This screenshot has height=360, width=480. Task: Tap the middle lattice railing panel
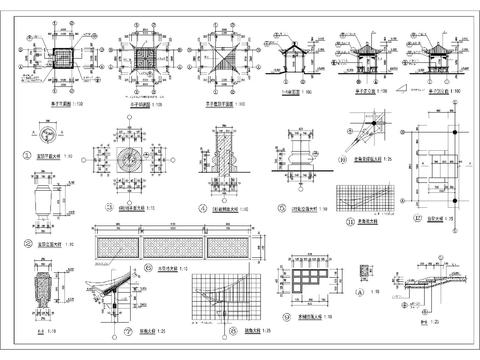[x=176, y=244]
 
